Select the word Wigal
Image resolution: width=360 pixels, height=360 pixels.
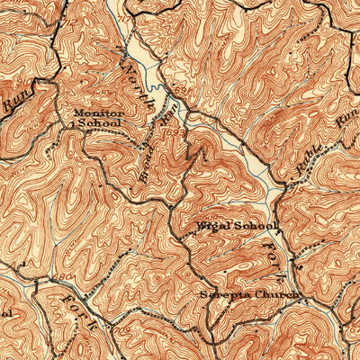click(x=213, y=225)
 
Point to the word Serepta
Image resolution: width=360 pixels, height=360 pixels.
click(x=226, y=294)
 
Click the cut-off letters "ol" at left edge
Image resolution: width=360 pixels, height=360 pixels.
click(x=5, y=312)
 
